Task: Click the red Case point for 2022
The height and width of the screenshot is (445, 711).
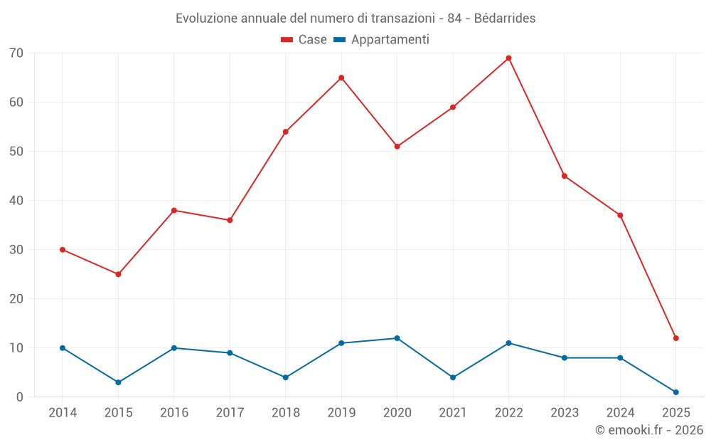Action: [x=508, y=58]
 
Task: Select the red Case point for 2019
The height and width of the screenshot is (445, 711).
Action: [x=341, y=78]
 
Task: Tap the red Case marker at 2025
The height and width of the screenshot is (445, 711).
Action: [x=675, y=338]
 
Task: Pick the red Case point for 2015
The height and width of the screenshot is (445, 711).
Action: [x=118, y=274]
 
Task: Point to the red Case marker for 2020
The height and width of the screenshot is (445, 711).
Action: [x=397, y=147]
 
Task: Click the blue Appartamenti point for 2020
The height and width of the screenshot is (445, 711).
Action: [x=397, y=338]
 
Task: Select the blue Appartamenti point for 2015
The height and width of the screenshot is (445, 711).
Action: [x=118, y=382]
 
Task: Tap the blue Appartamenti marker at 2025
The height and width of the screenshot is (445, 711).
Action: [x=675, y=392]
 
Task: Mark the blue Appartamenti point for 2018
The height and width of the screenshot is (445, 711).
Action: [x=285, y=377]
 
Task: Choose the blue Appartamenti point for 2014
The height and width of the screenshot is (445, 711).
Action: [x=63, y=348]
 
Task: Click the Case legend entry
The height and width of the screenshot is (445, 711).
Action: [x=304, y=40]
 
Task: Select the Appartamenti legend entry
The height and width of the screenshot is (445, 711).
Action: [x=382, y=40]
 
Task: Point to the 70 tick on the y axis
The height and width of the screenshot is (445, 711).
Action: [x=16, y=53]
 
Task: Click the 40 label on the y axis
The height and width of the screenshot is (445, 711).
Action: [x=16, y=201]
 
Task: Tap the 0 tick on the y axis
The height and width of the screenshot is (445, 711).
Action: [x=20, y=397]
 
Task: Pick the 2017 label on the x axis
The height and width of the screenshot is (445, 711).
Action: [x=230, y=413]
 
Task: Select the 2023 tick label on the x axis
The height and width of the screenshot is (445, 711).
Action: [x=564, y=413]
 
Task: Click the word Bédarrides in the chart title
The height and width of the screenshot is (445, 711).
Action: [x=504, y=19]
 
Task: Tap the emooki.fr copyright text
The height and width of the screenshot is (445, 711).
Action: [x=648, y=430]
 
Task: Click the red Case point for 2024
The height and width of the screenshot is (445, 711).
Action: [x=620, y=216]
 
